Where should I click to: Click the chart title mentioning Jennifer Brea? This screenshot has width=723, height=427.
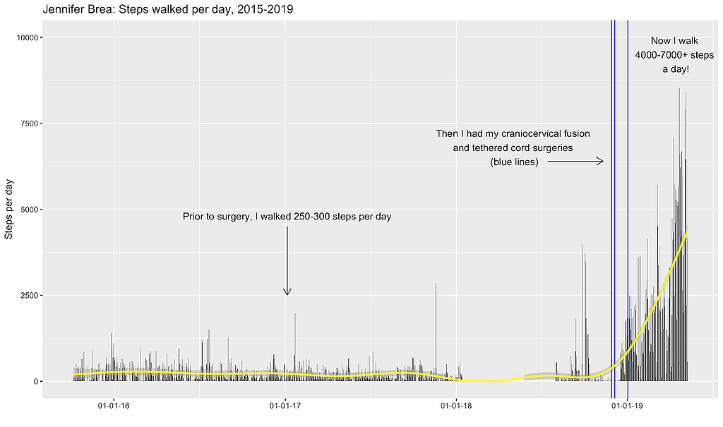point(168,10)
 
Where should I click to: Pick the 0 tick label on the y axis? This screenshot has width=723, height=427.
point(35,381)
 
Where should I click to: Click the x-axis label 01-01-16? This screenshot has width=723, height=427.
point(113,405)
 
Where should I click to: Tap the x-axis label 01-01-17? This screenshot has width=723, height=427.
point(286,405)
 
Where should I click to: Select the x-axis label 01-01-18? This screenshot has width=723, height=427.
point(457,405)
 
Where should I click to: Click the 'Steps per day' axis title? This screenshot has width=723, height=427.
point(9,210)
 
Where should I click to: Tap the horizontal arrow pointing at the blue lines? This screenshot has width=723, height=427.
point(575,162)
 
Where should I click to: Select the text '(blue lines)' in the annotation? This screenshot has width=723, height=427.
point(514,162)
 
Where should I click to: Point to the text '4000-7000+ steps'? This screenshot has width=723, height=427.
point(674,55)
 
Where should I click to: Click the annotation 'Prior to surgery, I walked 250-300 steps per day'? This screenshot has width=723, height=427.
point(287,217)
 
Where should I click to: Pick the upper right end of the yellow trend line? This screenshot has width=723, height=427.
point(687,231)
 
